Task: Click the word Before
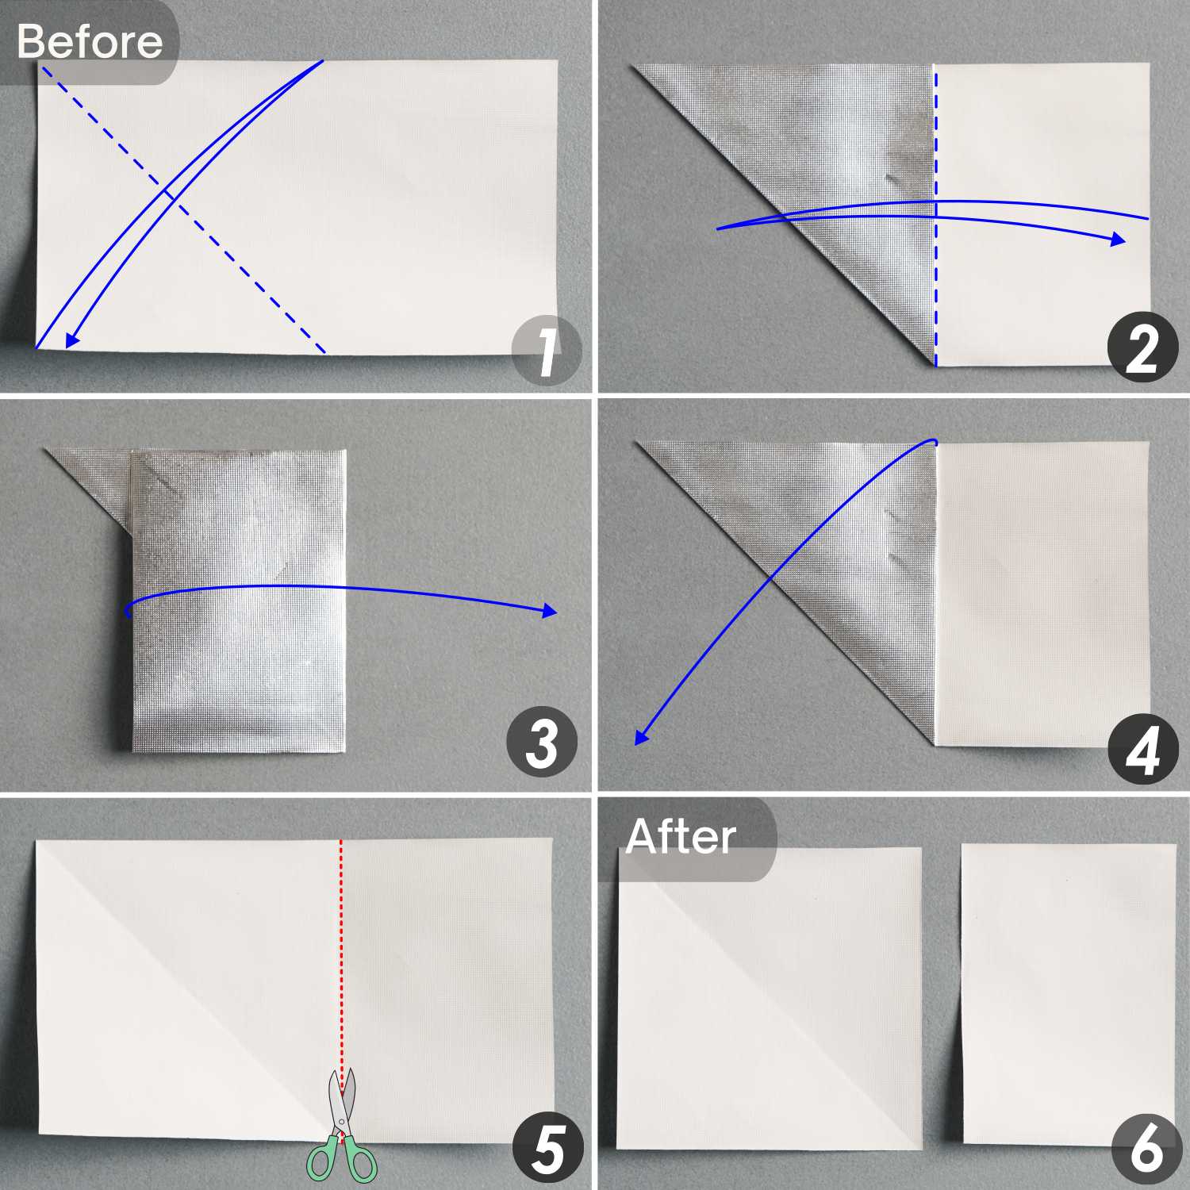click(90, 41)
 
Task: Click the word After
click(681, 836)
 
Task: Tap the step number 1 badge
click(547, 351)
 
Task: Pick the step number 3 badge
click(542, 743)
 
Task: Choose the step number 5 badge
click(547, 1150)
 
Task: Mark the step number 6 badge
click(1146, 1149)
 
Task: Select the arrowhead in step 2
click(1117, 240)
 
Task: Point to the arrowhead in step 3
click(549, 611)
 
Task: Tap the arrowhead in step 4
click(642, 737)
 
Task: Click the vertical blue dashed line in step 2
click(935, 216)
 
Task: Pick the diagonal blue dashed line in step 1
click(183, 209)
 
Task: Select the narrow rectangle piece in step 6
click(1069, 993)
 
